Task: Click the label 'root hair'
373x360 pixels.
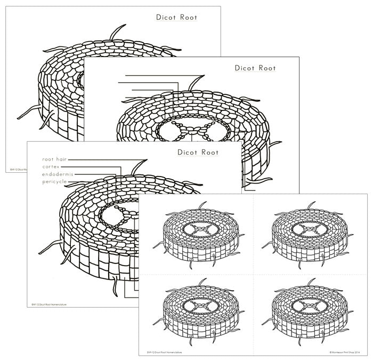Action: click(x=54, y=159)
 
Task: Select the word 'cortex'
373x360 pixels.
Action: click(x=52, y=167)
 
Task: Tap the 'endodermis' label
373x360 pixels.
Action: click(x=58, y=174)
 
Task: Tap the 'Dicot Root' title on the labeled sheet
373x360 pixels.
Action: click(x=197, y=153)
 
